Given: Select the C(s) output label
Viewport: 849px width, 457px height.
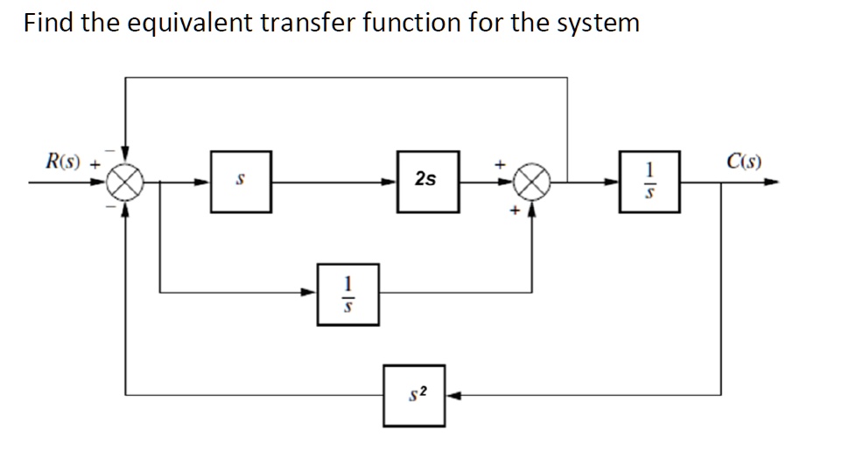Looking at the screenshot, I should (x=743, y=161).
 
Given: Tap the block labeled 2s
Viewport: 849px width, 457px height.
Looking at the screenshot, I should (x=427, y=181).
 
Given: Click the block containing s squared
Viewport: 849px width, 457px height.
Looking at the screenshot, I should (x=415, y=395).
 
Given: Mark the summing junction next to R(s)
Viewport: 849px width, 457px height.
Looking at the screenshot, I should (x=126, y=183).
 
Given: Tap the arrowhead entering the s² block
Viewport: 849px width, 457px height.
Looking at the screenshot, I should (x=453, y=395).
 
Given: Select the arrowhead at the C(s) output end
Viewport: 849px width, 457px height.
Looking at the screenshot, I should (x=771, y=183).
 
